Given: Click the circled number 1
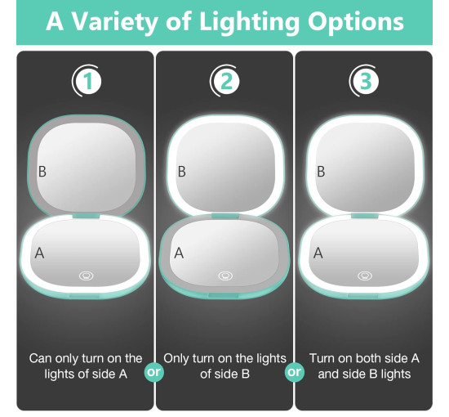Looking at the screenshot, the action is pyautogui.click(x=88, y=81).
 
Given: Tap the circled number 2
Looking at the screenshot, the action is pyautogui.click(x=227, y=81).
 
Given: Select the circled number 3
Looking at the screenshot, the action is pyautogui.click(x=365, y=81).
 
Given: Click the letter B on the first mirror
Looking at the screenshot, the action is pyautogui.click(x=42, y=172).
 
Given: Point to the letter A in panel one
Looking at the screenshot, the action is pyautogui.click(x=39, y=253).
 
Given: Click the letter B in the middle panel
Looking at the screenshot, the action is pyautogui.click(x=181, y=172).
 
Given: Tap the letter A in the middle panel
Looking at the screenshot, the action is pyautogui.click(x=179, y=253).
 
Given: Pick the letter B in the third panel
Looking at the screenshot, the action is pyautogui.click(x=321, y=172).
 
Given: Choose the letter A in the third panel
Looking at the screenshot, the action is pyautogui.click(x=318, y=253).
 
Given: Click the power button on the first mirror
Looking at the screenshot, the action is pyautogui.click(x=87, y=276).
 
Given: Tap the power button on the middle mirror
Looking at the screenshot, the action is pyautogui.click(x=225, y=276).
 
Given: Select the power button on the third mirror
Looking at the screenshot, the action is pyautogui.click(x=365, y=276).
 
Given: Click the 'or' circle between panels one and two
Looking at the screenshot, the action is pyautogui.click(x=154, y=372).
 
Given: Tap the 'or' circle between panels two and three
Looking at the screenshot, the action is pyautogui.click(x=295, y=372).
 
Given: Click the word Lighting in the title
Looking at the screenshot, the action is pyautogui.click(x=249, y=22).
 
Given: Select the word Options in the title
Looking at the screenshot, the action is pyautogui.click(x=356, y=22).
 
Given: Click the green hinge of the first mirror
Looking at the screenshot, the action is pyautogui.click(x=87, y=216).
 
